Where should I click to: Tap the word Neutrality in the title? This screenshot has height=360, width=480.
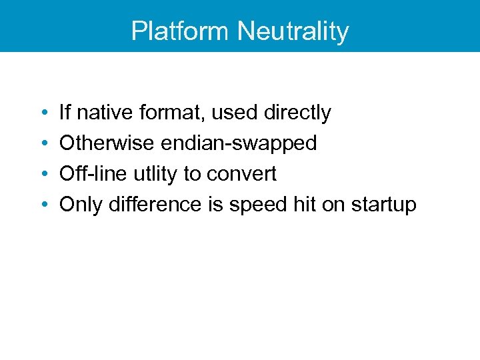click(293, 31)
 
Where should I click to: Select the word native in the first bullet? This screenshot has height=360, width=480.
click(106, 113)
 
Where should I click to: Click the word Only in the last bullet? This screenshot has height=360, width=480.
click(79, 205)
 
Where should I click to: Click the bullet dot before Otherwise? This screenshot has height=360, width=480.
click(42, 144)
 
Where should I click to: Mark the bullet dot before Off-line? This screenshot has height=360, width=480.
click(42, 175)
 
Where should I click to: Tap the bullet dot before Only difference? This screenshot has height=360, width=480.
click(42, 205)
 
